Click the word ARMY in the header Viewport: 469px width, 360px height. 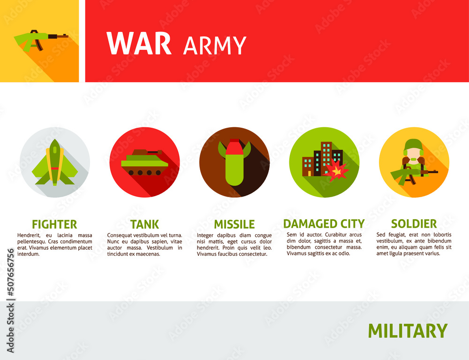(215, 46)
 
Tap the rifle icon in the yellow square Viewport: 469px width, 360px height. (40, 38)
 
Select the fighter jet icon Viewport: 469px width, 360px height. (55, 163)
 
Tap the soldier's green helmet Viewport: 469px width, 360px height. (414, 145)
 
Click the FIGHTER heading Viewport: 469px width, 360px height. (54, 224)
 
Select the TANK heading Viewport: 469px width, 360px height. (144, 224)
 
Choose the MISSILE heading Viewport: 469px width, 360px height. (234, 224)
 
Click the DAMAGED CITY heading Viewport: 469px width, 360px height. (324, 223)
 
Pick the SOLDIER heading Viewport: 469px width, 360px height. (414, 223)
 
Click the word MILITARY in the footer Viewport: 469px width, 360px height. (407, 331)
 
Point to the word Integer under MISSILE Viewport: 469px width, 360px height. (207, 235)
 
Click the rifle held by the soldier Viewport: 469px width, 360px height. (413, 173)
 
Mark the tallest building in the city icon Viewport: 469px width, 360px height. (326, 157)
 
